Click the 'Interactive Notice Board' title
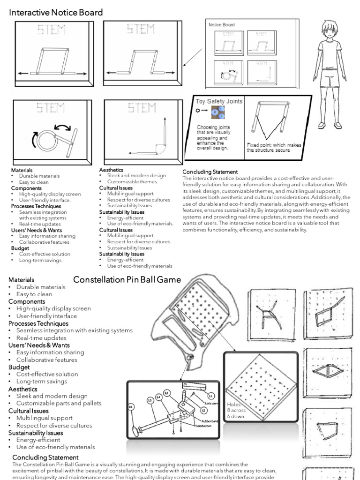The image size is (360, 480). coord(56,13)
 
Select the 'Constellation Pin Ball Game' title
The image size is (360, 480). coord(127,280)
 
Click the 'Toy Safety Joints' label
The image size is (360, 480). coord(219,101)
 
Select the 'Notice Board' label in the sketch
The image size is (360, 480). coord(221,25)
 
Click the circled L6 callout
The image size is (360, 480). coord(131,405)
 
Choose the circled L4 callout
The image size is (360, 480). coord(158,397)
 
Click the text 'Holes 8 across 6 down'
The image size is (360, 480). coord(236,410)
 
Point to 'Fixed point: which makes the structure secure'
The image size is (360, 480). coord(268,148)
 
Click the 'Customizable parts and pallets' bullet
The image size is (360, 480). coord(59,403)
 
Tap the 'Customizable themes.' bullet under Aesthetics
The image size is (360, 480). coord(132,181)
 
